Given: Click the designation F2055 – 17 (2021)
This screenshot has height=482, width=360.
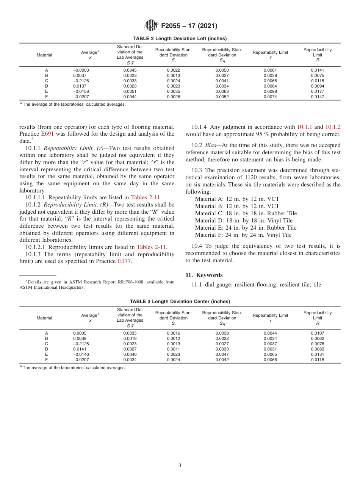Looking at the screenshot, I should (x=189, y=26).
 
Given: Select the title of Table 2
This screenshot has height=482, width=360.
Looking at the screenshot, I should (x=180, y=38).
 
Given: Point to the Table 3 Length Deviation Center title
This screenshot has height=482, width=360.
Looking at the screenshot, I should (x=180, y=301).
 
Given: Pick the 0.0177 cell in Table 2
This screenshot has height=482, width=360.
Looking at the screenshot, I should (x=317, y=91).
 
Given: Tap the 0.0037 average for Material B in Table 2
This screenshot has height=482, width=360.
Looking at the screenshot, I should (x=78, y=75).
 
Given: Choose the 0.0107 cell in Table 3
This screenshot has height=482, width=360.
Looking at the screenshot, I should (x=317, y=333).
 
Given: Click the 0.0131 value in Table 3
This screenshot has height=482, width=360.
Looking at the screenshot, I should (x=317, y=354).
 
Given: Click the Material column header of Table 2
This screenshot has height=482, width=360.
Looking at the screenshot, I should (x=44, y=55).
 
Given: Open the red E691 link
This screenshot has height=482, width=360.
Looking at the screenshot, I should (x=47, y=134).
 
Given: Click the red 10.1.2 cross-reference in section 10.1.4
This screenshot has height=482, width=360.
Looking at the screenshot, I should (x=333, y=127).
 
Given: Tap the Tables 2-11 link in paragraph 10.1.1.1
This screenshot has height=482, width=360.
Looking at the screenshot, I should (x=146, y=197).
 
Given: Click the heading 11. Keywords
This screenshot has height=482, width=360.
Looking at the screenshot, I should (x=204, y=275).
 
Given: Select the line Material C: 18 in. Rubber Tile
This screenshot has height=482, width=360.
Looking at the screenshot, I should (x=246, y=213).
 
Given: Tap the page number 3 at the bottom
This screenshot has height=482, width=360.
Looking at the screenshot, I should (x=180, y=465).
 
